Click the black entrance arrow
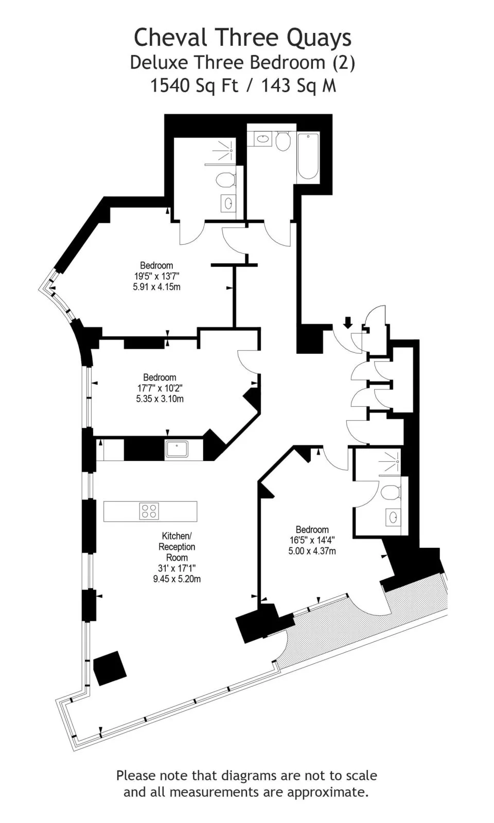coord(348,323)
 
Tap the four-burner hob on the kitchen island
coord(149,511)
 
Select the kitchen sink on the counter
coord(177,450)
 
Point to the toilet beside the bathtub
coord(283,141)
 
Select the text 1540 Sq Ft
coord(194,86)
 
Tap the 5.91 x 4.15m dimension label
coord(156,287)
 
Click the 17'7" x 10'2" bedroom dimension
coord(160,388)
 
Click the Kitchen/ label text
coord(177,535)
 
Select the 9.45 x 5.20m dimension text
coord(177,579)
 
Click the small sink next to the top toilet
coord(262,139)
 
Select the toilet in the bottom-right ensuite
coord(391,492)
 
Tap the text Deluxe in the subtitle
coord(159,63)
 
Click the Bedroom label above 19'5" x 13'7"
coord(156,265)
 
